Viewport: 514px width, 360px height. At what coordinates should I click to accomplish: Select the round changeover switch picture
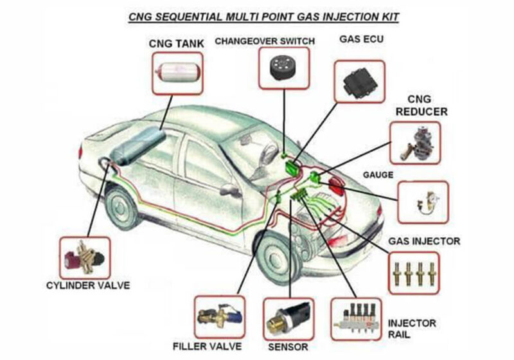coord(283,67)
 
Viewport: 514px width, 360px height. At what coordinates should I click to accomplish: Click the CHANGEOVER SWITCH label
coord(265,42)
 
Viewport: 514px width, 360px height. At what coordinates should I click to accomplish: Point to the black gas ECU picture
coord(359,82)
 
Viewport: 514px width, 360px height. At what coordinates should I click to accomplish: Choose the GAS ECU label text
coord(360,39)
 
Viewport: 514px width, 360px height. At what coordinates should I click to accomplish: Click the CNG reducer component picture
coord(418,142)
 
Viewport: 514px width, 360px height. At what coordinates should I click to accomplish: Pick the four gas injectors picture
coord(414,273)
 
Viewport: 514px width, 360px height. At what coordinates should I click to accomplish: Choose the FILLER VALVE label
coord(207,346)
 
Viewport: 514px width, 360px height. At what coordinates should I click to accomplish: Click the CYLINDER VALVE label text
coord(87,285)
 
